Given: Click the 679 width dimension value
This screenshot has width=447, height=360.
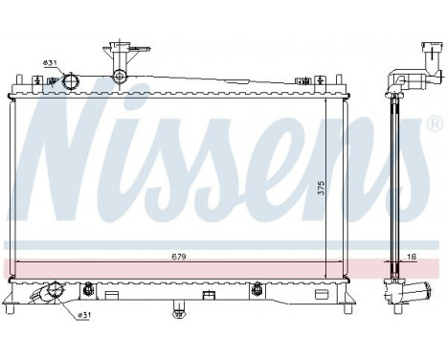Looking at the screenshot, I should (180, 257).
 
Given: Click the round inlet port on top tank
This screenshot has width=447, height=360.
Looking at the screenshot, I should (69, 84).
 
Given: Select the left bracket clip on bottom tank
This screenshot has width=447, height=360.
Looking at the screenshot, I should (88, 287).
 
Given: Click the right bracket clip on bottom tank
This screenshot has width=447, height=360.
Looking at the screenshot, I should (257, 287).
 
